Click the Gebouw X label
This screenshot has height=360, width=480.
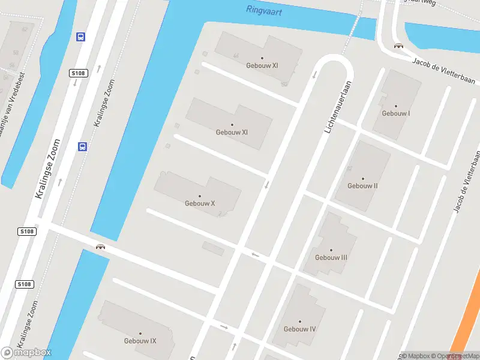(x=200, y=203)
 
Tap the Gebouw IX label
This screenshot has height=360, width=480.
(x=140, y=341)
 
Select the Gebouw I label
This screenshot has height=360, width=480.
(x=396, y=113)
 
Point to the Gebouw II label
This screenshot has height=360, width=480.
(x=362, y=186)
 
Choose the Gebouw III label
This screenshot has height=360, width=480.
(x=331, y=257)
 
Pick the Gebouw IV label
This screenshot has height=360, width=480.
(x=299, y=329)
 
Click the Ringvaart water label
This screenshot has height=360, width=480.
(x=264, y=10)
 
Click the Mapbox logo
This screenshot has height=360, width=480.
(x=26, y=353)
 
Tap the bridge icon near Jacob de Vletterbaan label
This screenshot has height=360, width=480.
(x=397, y=46)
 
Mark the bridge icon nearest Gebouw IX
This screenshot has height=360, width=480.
(x=100, y=246)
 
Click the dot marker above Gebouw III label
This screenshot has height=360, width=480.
(x=331, y=250)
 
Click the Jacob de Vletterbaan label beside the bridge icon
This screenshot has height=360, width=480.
(x=444, y=69)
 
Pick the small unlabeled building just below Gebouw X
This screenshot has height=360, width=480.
(x=213, y=248)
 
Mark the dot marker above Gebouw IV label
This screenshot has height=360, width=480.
(x=299, y=322)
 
